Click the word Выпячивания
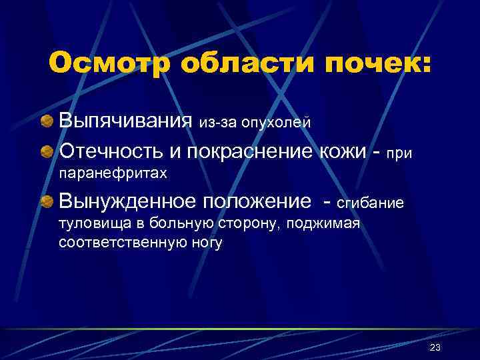click(x=126, y=121)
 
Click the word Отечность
click(x=109, y=151)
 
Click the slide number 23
click(x=435, y=347)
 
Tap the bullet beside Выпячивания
click(x=47, y=121)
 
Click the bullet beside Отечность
click(x=47, y=151)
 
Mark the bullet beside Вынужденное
click(x=47, y=201)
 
